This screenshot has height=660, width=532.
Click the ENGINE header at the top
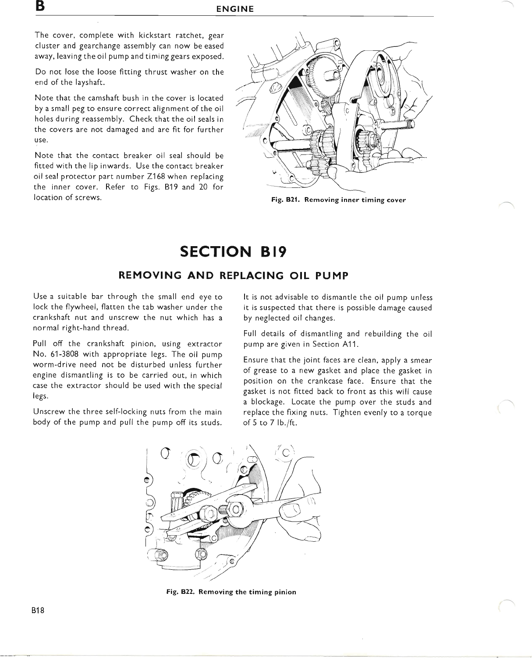235,9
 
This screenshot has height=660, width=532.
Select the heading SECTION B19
233,252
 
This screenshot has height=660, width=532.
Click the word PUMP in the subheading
332,275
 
